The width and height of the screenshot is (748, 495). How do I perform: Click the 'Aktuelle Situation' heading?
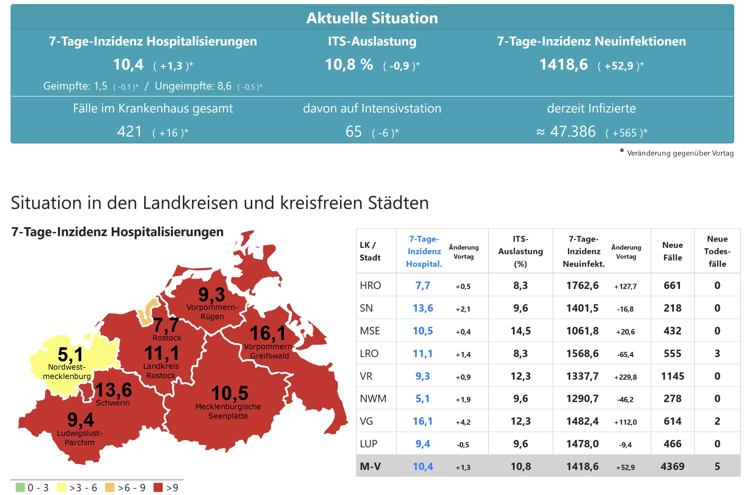pyautogui.click(x=372, y=18)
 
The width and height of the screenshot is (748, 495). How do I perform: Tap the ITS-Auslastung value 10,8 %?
pyautogui.click(x=349, y=65)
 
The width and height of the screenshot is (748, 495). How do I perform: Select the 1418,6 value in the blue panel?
pyautogui.click(x=563, y=65)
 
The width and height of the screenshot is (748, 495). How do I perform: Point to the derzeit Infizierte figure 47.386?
pyautogui.click(x=572, y=132)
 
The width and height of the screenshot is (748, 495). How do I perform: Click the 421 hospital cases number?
pyautogui.click(x=129, y=132)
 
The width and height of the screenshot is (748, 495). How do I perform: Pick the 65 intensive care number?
pyautogui.click(x=353, y=132)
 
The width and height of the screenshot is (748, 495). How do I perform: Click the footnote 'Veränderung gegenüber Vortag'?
pyautogui.click(x=680, y=153)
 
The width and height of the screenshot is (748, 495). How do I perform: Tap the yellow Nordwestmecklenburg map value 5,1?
pyautogui.click(x=70, y=354)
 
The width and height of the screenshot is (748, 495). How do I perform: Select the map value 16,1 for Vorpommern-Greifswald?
pyautogui.click(x=268, y=333)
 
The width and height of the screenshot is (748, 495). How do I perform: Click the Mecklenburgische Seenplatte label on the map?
pyautogui.click(x=228, y=411)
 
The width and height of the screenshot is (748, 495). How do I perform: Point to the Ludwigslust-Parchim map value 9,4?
pyautogui.click(x=81, y=420)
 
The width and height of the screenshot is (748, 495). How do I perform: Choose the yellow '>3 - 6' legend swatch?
pyautogui.click(x=61, y=487)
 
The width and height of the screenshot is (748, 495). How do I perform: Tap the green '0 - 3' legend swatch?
pyautogui.click(x=20, y=487)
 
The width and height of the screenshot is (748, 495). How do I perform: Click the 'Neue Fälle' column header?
pyautogui.click(x=672, y=251)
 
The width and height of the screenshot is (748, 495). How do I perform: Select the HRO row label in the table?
pyautogui.click(x=370, y=285)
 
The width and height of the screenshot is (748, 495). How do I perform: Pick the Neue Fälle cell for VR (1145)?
pyautogui.click(x=672, y=376)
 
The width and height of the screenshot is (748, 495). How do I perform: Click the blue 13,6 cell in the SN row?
pyautogui.click(x=423, y=308)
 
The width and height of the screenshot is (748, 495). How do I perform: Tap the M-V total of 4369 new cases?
pyautogui.click(x=672, y=466)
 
